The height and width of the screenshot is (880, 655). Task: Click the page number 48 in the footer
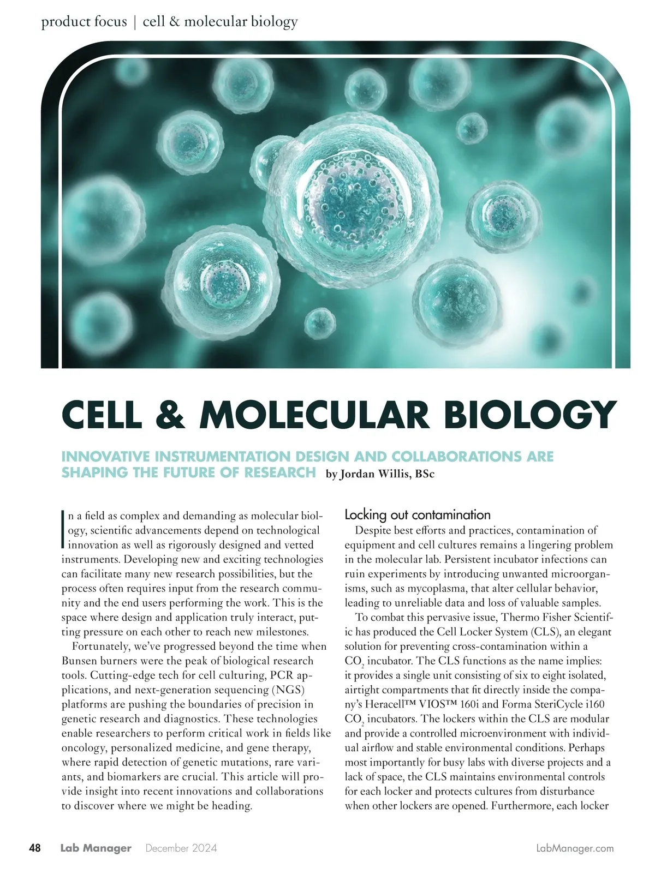tap(34, 848)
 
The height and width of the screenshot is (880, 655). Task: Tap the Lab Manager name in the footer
tap(96, 848)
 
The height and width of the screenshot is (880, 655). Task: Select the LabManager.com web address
tap(575, 848)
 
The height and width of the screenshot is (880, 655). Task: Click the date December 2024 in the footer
tap(181, 848)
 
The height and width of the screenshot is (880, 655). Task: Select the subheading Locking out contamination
tap(418, 514)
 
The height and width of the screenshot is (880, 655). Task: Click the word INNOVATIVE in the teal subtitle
tap(106, 456)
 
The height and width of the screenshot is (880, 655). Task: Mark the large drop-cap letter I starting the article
tap(64, 529)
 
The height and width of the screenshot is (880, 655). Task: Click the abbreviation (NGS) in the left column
tap(288, 690)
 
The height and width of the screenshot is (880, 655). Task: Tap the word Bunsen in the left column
tap(81, 661)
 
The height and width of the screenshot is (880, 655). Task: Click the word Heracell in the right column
tap(385, 704)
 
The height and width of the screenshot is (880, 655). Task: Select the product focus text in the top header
tap(84, 22)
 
